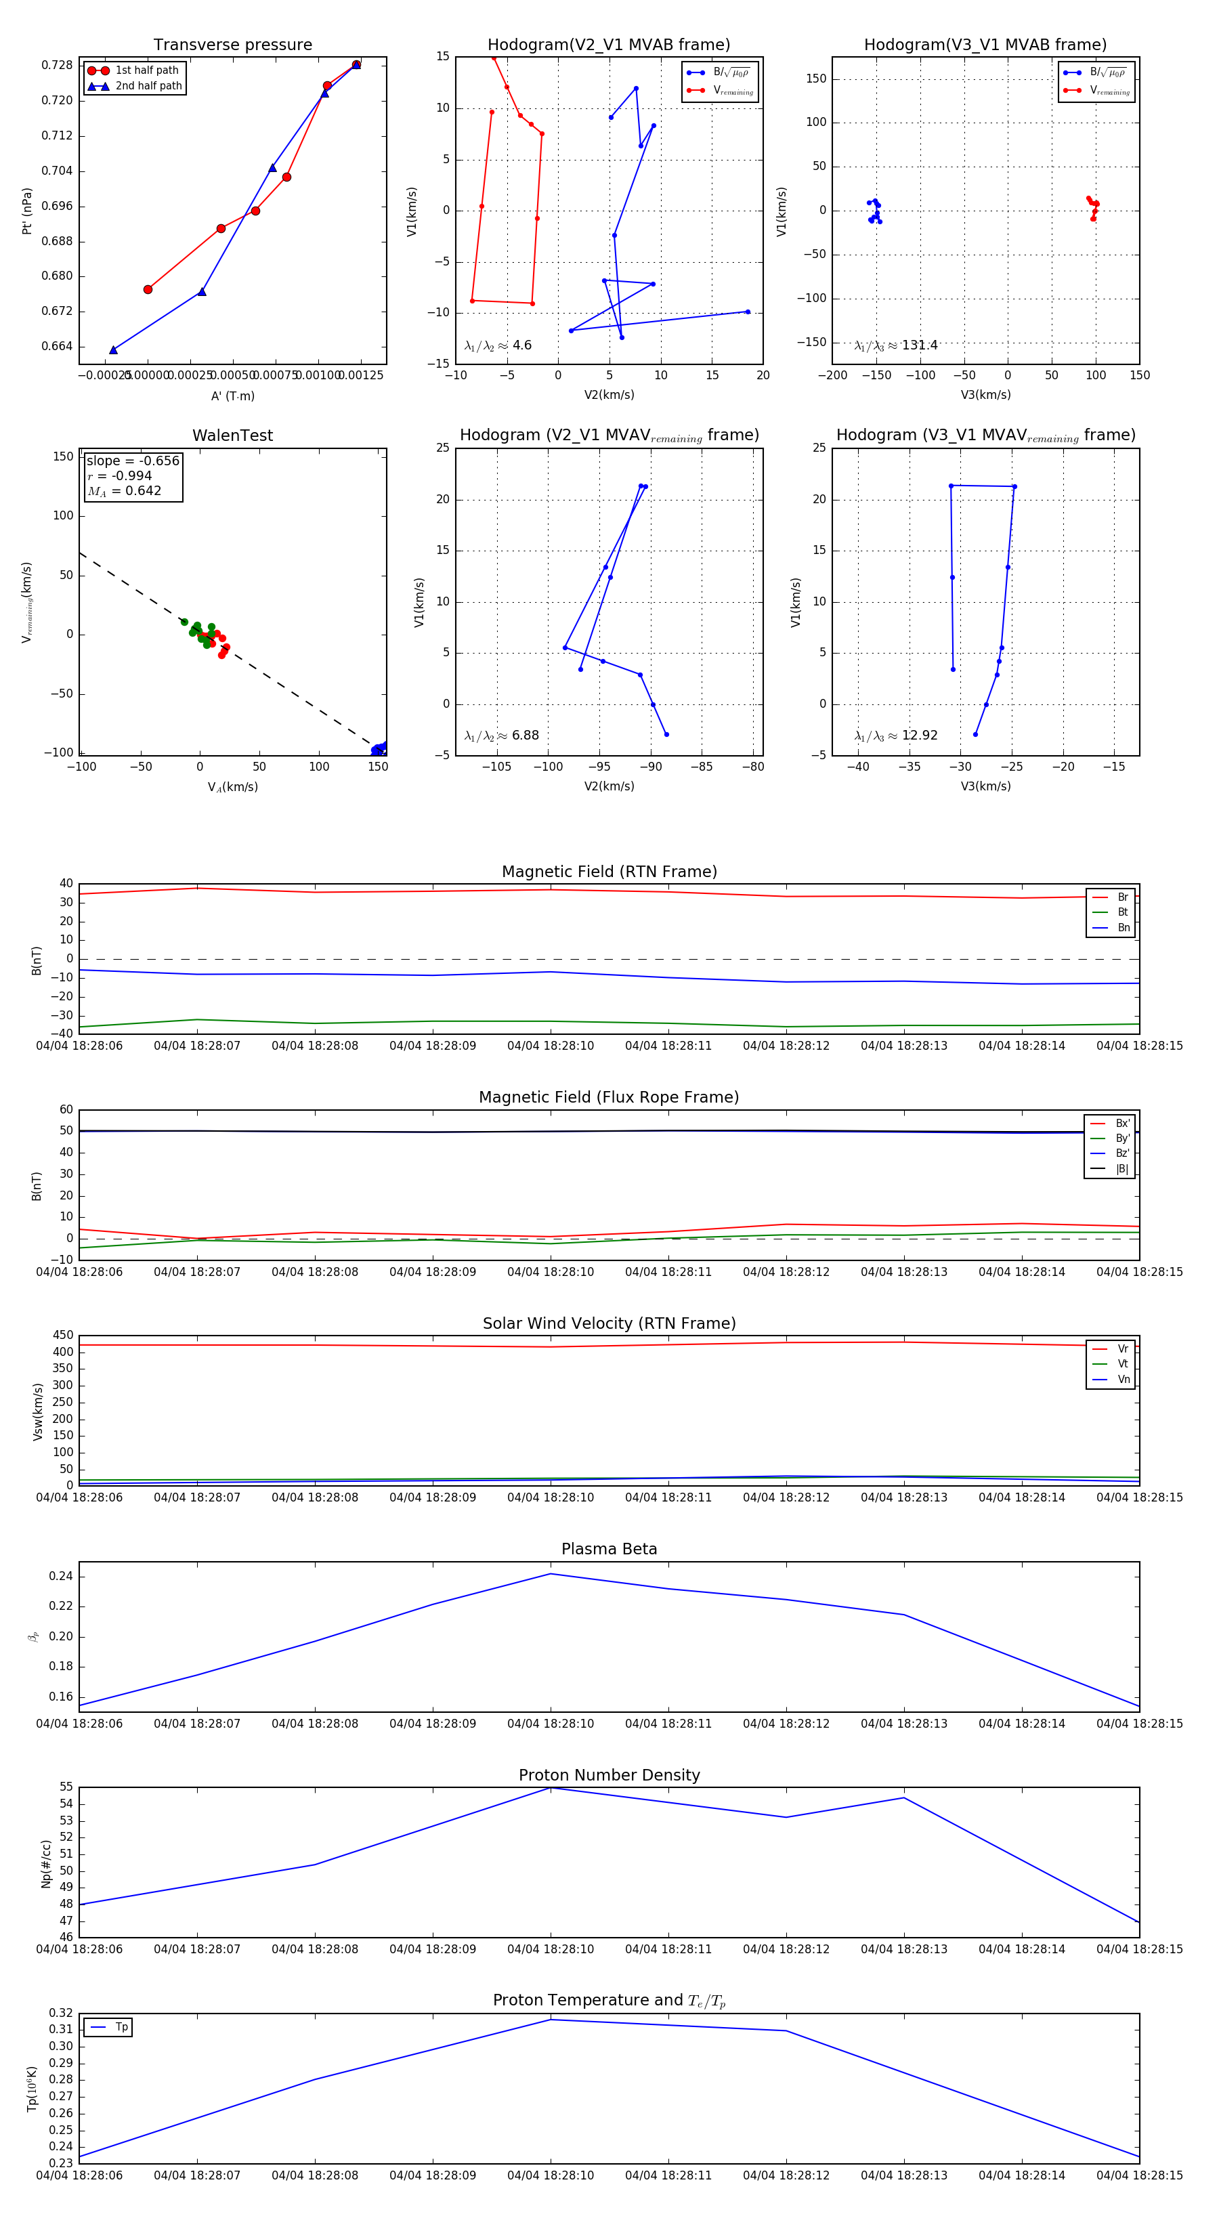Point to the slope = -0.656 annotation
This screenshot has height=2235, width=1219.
click(x=133, y=461)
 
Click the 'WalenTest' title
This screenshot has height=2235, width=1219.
click(x=232, y=435)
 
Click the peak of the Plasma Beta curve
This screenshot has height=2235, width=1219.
click(x=550, y=1574)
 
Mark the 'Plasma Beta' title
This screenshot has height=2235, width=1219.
click(x=609, y=1549)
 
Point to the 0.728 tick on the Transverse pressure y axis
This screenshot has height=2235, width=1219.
click(x=58, y=65)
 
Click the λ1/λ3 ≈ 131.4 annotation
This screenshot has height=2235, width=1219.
click(x=896, y=345)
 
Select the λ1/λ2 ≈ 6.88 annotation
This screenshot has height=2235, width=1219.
click(x=501, y=736)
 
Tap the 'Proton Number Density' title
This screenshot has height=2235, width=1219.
click(x=609, y=1775)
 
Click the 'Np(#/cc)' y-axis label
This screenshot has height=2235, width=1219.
click(x=46, y=1864)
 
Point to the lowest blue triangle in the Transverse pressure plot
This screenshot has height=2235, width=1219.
click(x=114, y=349)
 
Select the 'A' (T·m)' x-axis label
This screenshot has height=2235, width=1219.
click(x=232, y=396)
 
